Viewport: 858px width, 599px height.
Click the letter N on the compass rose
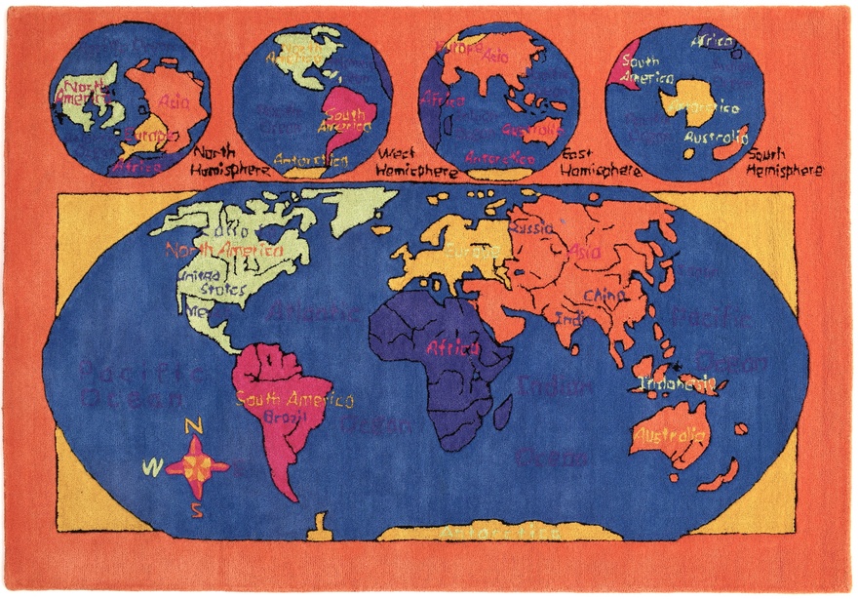click(x=193, y=426)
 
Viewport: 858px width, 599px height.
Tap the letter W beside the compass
click(x=151, y=468)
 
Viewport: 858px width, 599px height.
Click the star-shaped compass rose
click(x=196, y=466)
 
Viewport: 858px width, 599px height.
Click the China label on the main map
click(x=602, y=295)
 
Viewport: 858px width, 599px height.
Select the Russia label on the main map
click(x=532, y=227)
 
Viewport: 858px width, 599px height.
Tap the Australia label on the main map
click(x=669, y=435)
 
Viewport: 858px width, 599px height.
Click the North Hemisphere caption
click(x=227, y=161)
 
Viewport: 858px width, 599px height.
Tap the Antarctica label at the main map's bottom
click(x=499, y=533)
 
